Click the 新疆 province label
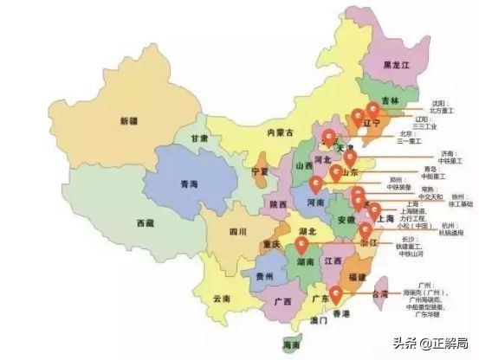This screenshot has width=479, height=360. tap(129, 119)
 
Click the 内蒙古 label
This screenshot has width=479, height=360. tap(280, 132)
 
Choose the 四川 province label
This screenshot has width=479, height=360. tap(237, 231)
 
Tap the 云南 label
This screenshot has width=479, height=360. tap(222, 298)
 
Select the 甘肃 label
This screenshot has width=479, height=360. tap(199, 138)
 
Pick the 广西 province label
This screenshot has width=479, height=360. tap(282, 302)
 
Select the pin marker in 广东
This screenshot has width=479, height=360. tap(335, 294)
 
